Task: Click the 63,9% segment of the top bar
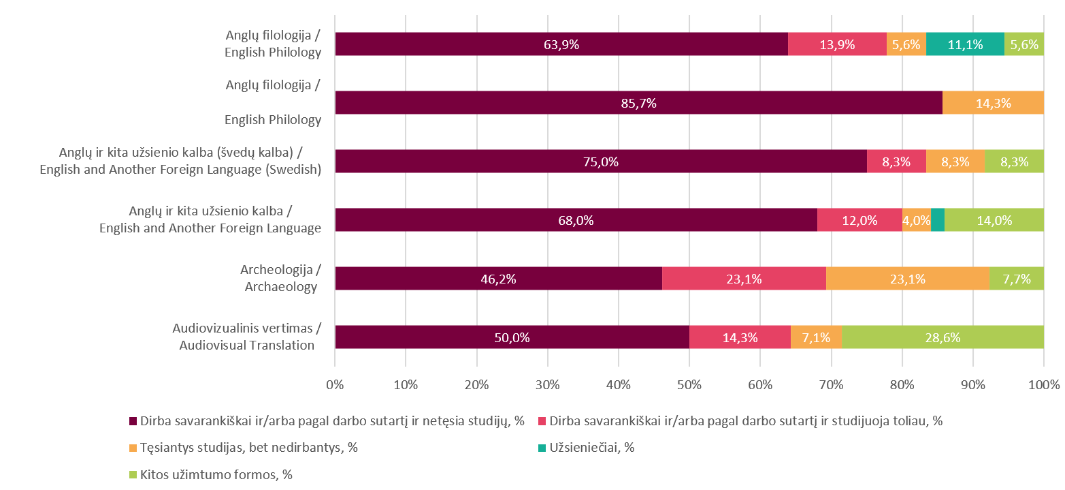pyautogui.click(x=561, y=44)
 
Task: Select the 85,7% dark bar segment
pyautogui.click(x=638, y=103)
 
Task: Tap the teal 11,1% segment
pyautogui.click(x=965, y=44)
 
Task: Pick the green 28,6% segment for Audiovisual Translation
pyautogui.click(x=943, y=337)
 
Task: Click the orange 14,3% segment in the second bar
pyautogui.click(x=993, y=103)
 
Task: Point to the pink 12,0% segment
pyautogui.click(x=859, y=220)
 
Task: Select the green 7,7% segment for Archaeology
pyautogui.click(x=1016, y=279)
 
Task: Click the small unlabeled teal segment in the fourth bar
pyautogui.click(x=937, y=220)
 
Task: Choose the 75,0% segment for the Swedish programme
pyautogui.click(x=601, y=162)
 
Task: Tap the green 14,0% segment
pyautogui.click(x=994, y=220)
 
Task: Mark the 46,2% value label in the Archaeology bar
pyautogui.click(x=499, y=279)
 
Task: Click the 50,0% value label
pyautogui.click(x=512, y=337)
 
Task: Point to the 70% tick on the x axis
pyautogui.click(x=831, y=384)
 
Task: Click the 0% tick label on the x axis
pyautogui.click(x=335, y=384)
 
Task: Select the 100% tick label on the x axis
pyautogui.click(x=1043, y=384)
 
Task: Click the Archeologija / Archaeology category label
pyautogui.click(x=280, y=279)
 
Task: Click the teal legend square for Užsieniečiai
pyautogui.click(x=542, y=448)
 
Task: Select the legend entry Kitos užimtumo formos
pyautogui.click(x=216, y=474)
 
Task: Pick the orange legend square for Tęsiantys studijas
pyautogui.click(x=133, y=448)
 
